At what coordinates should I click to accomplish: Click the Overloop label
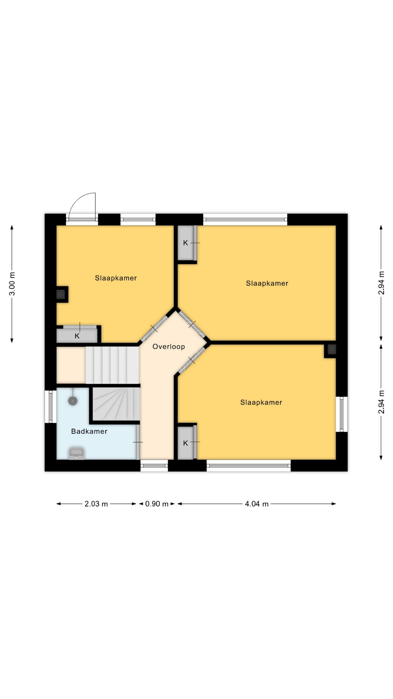168,347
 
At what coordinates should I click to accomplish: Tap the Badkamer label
89,431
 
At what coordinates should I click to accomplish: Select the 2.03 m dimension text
96,504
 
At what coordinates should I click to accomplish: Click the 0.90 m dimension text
157,504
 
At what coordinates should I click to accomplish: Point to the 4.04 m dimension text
257,504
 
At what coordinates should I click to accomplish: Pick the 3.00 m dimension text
12,284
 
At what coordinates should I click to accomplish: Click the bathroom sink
76,454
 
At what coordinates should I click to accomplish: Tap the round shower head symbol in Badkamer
73,401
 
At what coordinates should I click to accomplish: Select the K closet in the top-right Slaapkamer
186,243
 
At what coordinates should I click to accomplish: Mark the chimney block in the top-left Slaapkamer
61,294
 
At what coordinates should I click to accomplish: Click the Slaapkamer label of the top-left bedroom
116,278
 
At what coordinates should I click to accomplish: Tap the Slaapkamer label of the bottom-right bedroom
261,402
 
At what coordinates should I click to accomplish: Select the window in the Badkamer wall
51,407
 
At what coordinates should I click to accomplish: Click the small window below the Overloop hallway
154,465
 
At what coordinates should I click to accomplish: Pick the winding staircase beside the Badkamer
116,404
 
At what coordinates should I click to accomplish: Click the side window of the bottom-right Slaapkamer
342,414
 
